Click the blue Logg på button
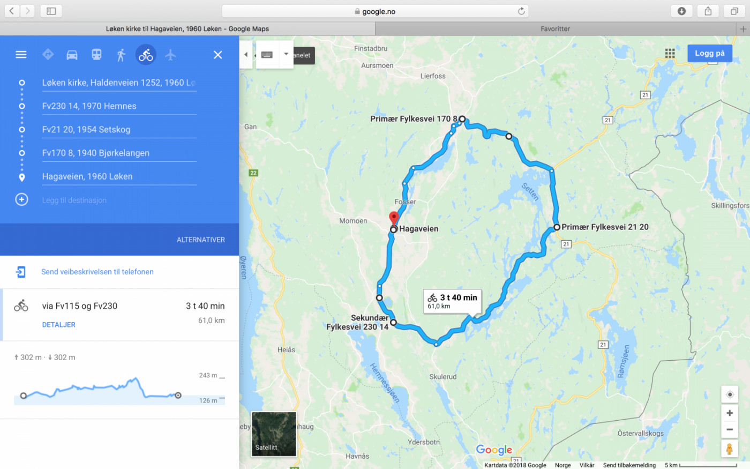pyautogui.click(x=709, y=53)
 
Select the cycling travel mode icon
pyautogui.click(x=146, y=55)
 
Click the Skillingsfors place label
pyautogui.click(x=730, y=206)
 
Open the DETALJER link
pyautogui.click(x=59, y=325)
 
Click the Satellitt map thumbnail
pyautogui.click(x=274, y=434)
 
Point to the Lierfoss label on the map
pyautogui.click(x=433, y=76)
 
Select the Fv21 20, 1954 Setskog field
pyautogui.click(x=119, y=130)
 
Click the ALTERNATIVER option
pyautogui.click(x=201, y=240)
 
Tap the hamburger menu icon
pyautogui.click(x=21, y=55)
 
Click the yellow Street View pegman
pyautogui.click(x=729, y=449)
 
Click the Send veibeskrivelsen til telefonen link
pyautogui.click(x=97, y=272)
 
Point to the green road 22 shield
pyautogui.click(x=253, y=173)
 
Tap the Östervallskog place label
pyautogui.click(x=640, y=433)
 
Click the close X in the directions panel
pyautogui.click(x=218, y=55)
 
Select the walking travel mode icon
pyautogui.click(x=121, y=55)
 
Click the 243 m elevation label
pyautogui.click(x=208, y=375)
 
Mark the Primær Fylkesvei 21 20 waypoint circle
pyautogui.click(x=557, y=227)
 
